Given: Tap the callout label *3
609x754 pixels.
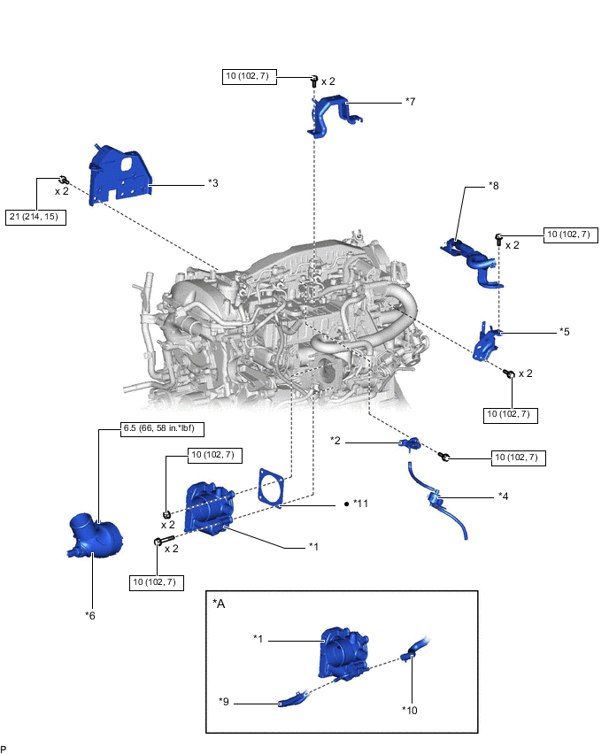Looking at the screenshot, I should (213, 183).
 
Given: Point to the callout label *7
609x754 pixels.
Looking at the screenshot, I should (410, 102).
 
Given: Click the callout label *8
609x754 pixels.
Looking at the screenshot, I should (494, 186).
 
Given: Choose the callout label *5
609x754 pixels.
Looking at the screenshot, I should (564, 332).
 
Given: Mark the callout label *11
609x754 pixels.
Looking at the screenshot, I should (360, 504).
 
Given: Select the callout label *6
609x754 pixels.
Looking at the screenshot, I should (90, 614).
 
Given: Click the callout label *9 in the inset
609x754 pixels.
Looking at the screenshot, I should (225, 701).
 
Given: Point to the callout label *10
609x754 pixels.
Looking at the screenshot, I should (412, 709).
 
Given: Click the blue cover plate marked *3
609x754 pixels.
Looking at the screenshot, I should (119, 175).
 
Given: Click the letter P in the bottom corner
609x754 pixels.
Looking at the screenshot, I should (4, 748).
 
